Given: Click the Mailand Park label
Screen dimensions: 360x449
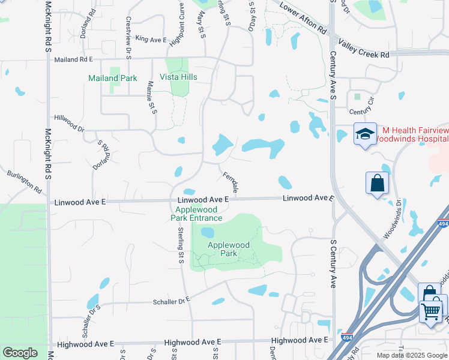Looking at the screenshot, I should pos(112,78).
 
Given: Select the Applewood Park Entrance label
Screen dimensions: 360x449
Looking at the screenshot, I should pos(196,214).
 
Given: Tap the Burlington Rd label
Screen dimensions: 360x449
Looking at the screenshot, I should pos(25,182).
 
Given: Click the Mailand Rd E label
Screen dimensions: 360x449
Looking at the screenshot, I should pos(74,59).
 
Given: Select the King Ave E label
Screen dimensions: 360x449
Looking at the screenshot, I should pos(151,39).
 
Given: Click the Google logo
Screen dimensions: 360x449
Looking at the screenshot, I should pos(20,353).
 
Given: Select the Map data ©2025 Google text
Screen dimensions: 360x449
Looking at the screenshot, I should pos(411,355).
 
